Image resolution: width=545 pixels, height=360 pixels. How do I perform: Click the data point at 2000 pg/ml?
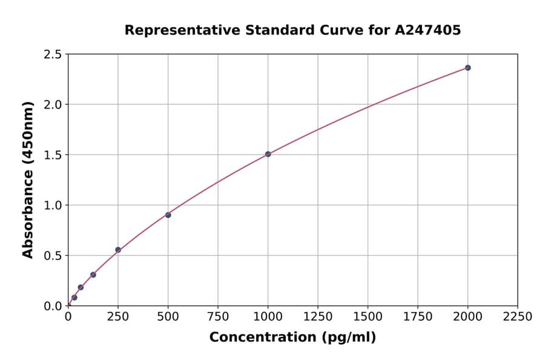[x=467, y=68]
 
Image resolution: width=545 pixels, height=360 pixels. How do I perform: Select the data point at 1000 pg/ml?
[x=268, y=154]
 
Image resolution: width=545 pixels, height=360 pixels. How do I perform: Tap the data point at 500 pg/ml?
[x=168, y=215]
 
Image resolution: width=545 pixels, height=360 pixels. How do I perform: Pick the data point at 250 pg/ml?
[x=118, y=250]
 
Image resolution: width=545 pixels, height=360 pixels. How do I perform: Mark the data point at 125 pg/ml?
[x=93, y=275]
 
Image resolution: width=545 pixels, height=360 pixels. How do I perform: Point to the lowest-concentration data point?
[x=74, y=298]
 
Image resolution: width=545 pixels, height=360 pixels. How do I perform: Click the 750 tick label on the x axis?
[x=218, y=317]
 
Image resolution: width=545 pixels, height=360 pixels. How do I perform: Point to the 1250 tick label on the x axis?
[x=318, y=317]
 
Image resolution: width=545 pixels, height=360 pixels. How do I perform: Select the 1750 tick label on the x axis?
[x=418, y=317]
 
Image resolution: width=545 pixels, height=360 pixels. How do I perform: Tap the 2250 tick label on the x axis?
[x=518, y=317]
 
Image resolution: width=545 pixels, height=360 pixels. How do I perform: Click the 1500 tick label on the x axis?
[x=368, y=317]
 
